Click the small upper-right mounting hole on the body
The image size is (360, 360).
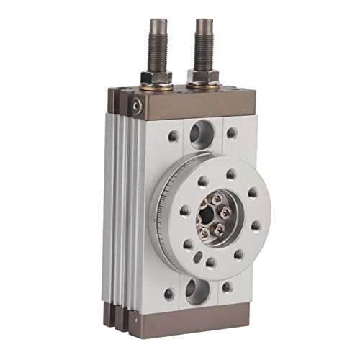pos(232,132)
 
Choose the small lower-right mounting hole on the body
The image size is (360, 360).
pos(228,287)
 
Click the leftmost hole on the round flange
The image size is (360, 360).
pos(185,211)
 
